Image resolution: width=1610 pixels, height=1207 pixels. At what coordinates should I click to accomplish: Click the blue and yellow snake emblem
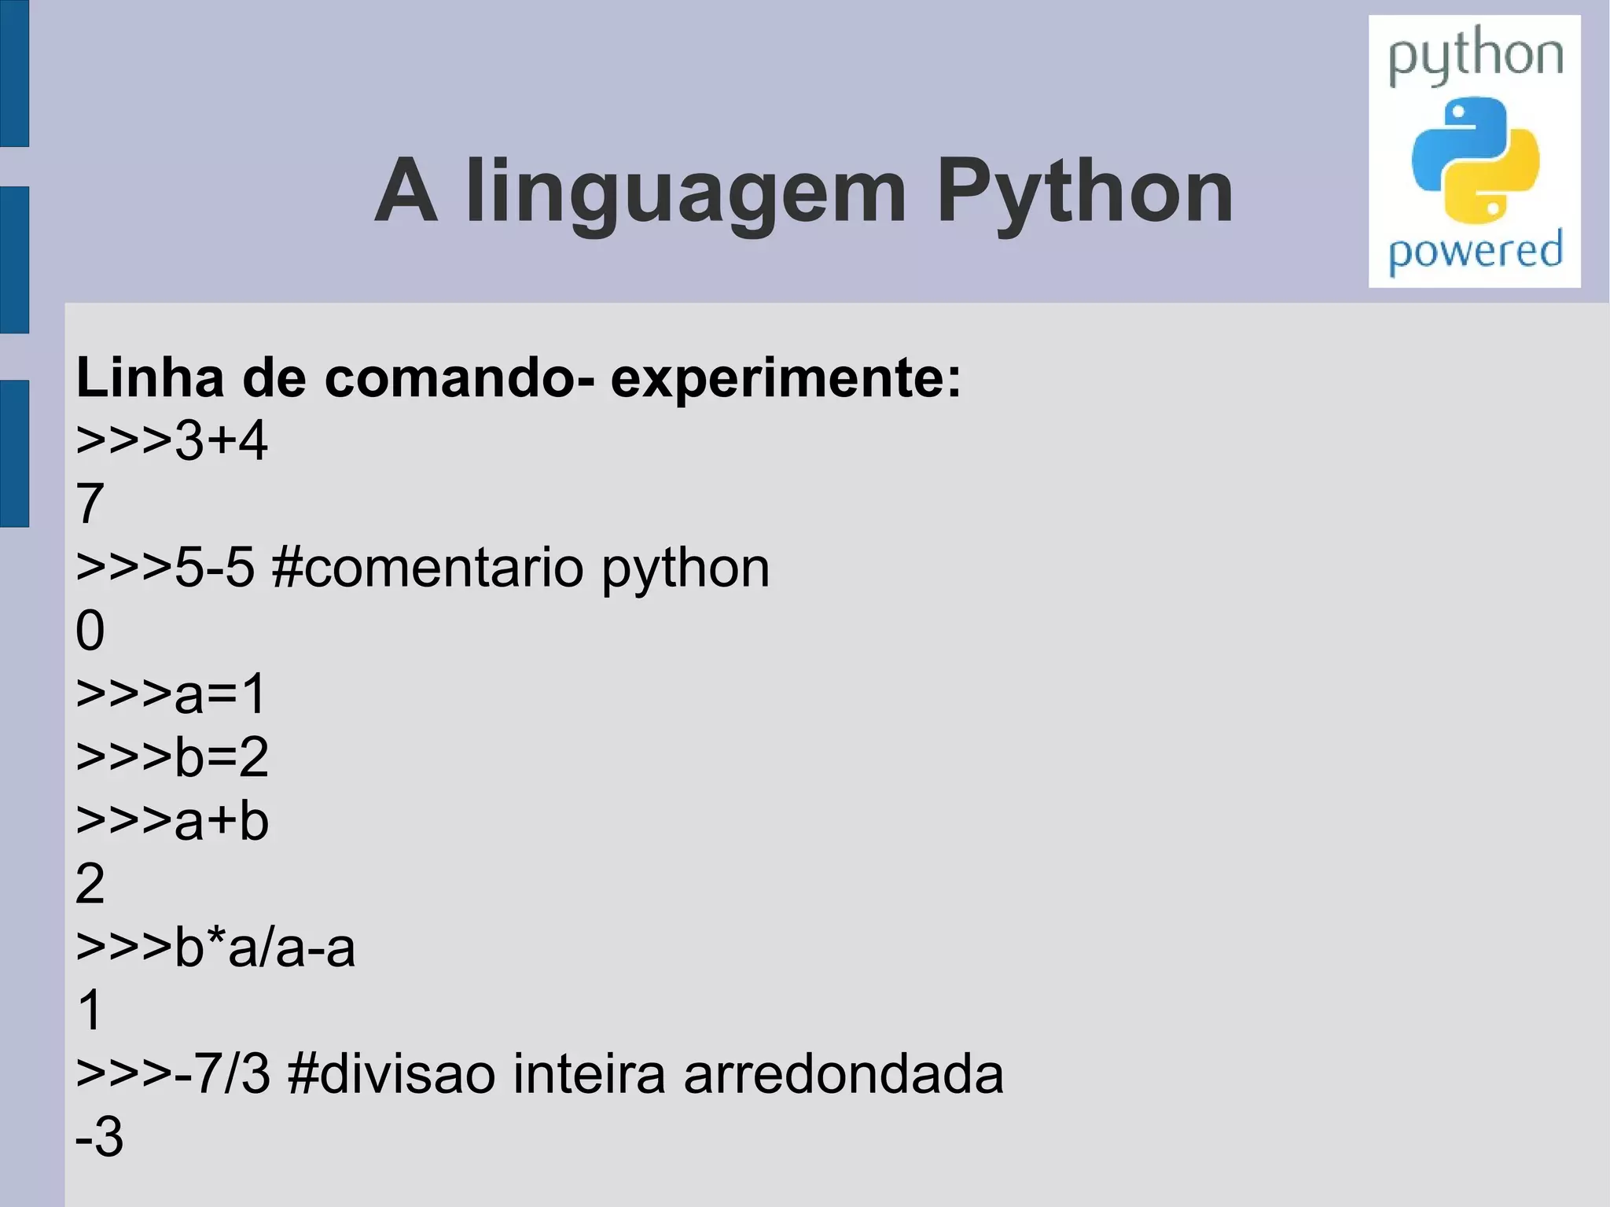tap(1476, 160)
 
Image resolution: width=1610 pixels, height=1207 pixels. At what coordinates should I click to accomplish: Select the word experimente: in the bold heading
tap(785, 379)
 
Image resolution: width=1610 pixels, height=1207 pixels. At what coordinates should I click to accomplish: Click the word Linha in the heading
tap(149, 377)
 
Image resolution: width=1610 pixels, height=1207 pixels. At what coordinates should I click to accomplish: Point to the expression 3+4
tap(221, 440)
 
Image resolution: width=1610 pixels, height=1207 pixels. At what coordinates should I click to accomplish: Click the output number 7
tap(90, 504)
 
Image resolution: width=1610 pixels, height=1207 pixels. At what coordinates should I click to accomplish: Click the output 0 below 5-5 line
tap(90, 631)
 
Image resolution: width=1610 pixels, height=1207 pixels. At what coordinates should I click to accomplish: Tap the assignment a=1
tap(220, 694)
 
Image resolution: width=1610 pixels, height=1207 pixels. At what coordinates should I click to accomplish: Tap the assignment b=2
tap(221, 757)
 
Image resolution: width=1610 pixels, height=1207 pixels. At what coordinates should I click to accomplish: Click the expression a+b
tap(221, 821)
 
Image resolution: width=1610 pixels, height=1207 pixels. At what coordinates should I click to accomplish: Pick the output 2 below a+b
tap(90, 884)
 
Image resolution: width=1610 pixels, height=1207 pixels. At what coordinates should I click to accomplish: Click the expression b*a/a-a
tap(264, 948)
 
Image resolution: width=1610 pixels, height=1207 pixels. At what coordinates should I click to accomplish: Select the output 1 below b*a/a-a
tap(90, 1010)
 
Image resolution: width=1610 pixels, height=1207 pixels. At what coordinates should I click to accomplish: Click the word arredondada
tap(843, 1074)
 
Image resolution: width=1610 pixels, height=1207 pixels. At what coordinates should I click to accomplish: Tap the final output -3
tap(99, 1137)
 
